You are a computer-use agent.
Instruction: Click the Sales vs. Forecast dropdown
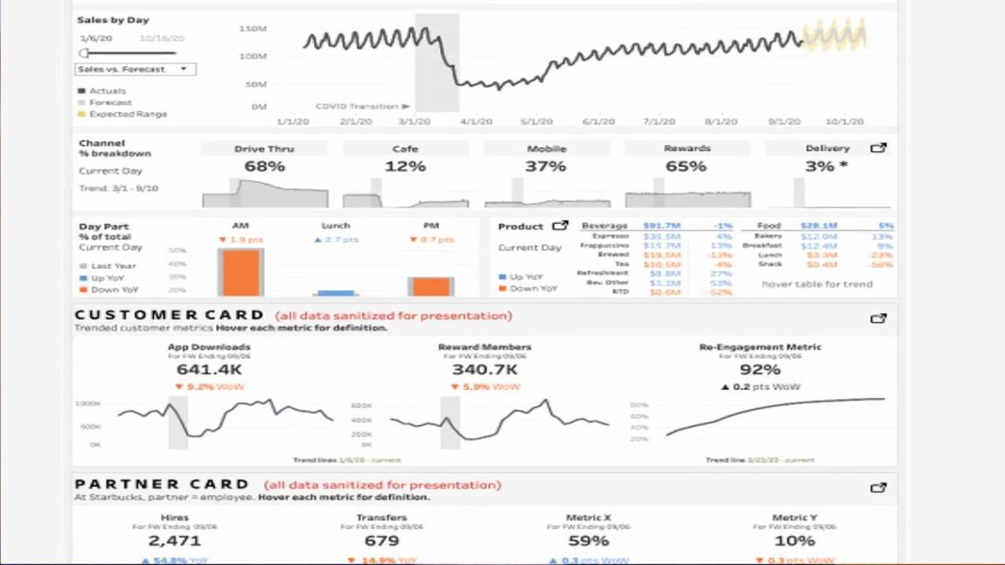click(135, 69)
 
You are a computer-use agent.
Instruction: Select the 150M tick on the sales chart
click(253, 29)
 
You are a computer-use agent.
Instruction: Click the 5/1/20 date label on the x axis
click(536, 122)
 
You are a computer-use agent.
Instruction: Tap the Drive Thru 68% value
click(265, 166)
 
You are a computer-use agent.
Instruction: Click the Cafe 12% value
click(405, 166)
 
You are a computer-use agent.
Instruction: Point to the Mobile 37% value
click(546, 166)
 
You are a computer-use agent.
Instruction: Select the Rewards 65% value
click(686, 166)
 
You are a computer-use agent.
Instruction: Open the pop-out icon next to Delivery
click(878, 148)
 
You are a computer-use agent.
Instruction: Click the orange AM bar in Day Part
click(241, 272)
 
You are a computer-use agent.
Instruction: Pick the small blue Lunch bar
click(336, 293)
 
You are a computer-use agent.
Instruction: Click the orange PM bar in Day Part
click(431, 286)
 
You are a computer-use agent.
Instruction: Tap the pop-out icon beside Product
click(560, 226)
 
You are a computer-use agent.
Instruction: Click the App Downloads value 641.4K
click(209, 370)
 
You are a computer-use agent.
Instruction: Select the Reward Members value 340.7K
click(484, 370)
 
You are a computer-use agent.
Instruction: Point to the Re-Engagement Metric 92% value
click(759, 370)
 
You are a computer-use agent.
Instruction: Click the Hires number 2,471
click(174, 541)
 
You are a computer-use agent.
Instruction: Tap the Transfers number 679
click(382, 541)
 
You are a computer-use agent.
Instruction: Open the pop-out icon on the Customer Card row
click(878, 319)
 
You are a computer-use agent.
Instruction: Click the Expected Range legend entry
click(127, 114)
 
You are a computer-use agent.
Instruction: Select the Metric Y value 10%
click(795, 541)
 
